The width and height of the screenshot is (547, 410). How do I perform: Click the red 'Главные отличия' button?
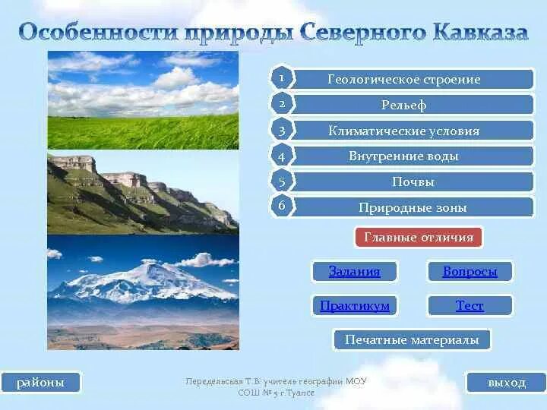coord(418,238)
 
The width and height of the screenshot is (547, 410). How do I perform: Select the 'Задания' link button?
coord(354,271)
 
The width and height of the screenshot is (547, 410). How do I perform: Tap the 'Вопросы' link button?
coord(470,271)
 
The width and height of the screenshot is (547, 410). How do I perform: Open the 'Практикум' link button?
coord(354,305)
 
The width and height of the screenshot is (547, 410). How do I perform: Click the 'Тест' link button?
coord(470,305)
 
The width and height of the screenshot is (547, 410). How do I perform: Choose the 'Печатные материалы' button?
coord(412,339)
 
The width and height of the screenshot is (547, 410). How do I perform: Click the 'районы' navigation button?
coord(41,382)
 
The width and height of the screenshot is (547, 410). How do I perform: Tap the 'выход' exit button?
coord(506,382)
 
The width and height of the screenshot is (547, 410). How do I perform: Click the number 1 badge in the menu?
coord(281,78)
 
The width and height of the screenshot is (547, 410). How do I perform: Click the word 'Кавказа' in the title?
coord(479,33)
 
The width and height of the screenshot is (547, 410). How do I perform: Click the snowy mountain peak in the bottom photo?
coord(152,273)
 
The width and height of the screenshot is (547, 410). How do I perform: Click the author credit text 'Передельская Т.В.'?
coord(220,381)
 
